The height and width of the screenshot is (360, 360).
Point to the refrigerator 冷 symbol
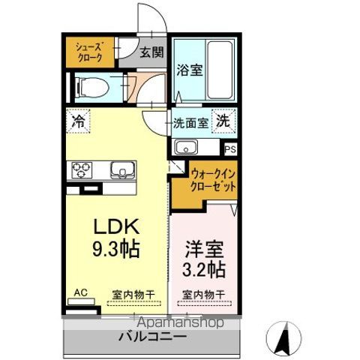pyautogui.click(x=78, y=121)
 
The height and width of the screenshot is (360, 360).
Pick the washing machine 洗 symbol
pyautogui.click(x=223, y=120)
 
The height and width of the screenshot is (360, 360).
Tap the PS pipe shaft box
pyautogui.click(x=229, y=148)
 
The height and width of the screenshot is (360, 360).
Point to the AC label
pyautogui.click(x=80, y=294)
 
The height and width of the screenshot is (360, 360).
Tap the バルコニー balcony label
pyautogui.click(x=152, y=337)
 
